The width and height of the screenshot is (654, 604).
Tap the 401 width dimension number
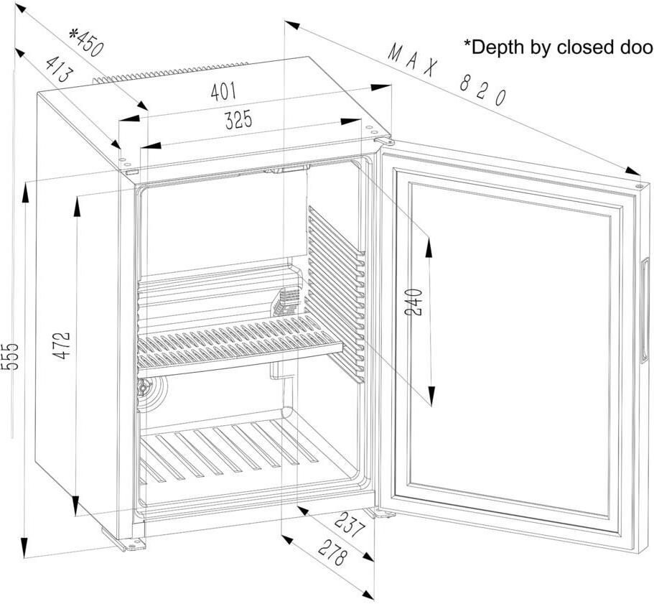(x=223, y=91)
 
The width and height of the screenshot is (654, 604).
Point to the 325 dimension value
(x=238, y=121)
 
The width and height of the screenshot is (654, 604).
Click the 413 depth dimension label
(x=59, y=68)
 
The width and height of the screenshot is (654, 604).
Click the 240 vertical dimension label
(x=413, y=303)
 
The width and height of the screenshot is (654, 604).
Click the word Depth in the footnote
(x=498, y=47)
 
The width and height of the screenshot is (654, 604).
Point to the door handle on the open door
(x=648, y=284)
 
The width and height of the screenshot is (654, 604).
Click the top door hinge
(x=386, y=141)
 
